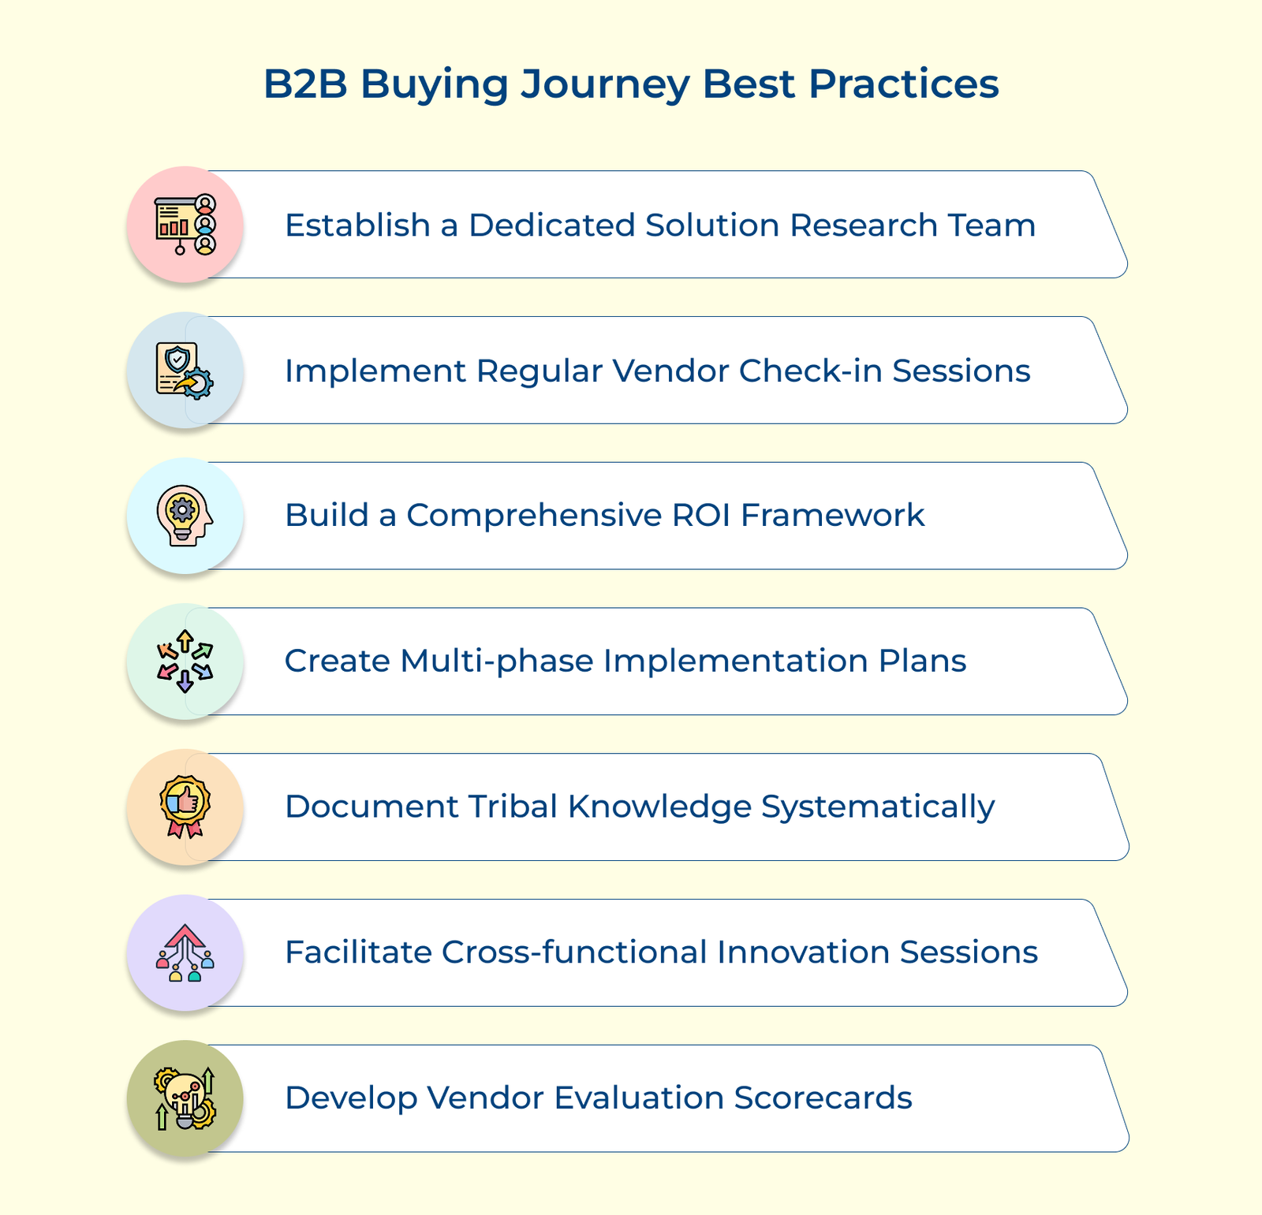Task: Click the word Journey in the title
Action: tap(604, 84)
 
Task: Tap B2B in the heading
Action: tap(305, 84)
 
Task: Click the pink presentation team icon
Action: tap(185, 225)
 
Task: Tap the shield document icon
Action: tap(185, 371)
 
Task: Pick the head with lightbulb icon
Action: tap(185, 516)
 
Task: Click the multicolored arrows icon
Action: tap(185, 662)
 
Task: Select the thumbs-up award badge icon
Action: tap(185, 807)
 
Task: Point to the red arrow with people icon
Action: tap(185, 952)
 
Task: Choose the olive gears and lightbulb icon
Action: tap(185, 1098)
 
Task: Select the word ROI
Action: tap(701, 516)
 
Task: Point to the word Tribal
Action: tap(513, 807)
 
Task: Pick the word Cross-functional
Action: tap(574, 952)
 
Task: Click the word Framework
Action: tap(833, 516)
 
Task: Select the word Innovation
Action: tap(803, 952)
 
